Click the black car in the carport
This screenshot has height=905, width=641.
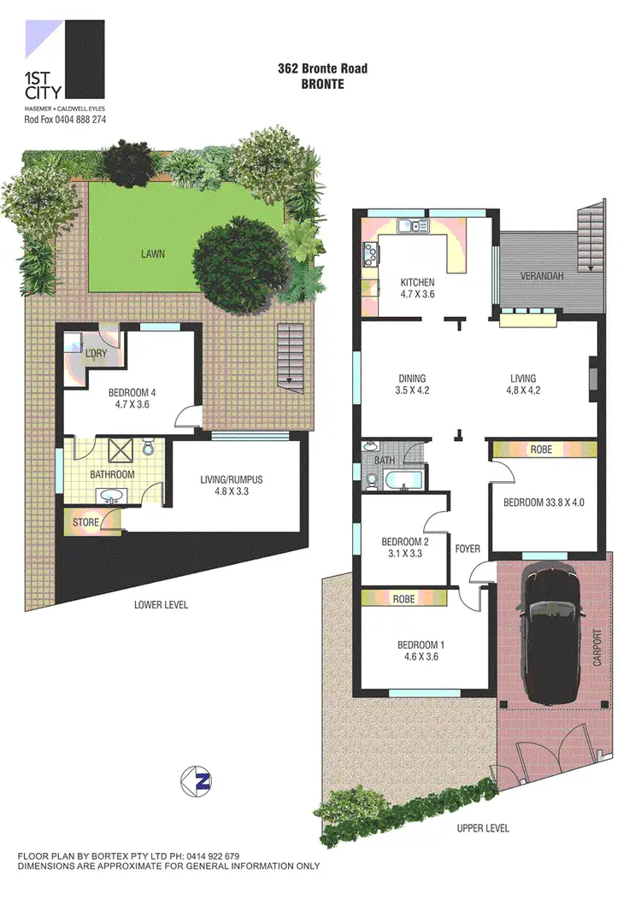pyautogui.click(x=554, y=636)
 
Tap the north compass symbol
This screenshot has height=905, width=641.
pyautogui.click(x=196, y=780)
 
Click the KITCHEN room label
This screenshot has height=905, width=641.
pyautogui.click(x=418, y=283)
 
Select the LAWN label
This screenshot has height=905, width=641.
pyautogui.click(x=154, y=254)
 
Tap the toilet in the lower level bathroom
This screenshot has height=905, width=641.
pyautogui.click(x=148, y=448)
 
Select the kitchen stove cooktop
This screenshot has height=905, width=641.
pyautogui.click(x=371, y=253)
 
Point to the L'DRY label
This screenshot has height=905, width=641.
pyautogui.click(x=95, y=353)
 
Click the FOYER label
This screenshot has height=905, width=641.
pyautogui.click(x=467, y=549)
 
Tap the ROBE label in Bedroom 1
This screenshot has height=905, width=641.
pyautogui.click(x=403, y=599)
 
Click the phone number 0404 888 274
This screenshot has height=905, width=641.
pyautogui.click(x=82, y=120)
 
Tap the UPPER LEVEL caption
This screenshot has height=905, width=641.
pyautogui.click(x=483, y=828)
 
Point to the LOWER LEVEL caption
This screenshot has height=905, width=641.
pyautogui.click(x=161, y=605)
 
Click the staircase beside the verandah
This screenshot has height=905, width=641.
pyautogui.click(x=590, y=238)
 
